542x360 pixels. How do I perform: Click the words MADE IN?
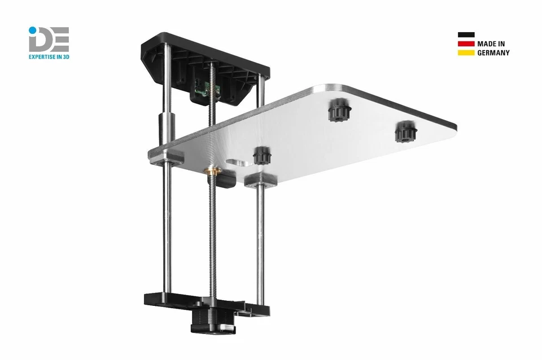(491, 43)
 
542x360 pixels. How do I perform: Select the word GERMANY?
(493, 52)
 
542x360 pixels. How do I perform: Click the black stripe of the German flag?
(466, 34)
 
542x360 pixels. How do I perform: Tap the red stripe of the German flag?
(466, 43)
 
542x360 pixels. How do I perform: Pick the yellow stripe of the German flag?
(466, 52)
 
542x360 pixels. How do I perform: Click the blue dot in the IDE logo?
(32, 29)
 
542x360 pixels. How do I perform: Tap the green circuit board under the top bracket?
(202, 87)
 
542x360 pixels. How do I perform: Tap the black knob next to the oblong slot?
(260, 155)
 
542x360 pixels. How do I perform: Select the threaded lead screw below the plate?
(213, 237)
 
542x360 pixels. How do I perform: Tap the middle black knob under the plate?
(338, 110)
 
